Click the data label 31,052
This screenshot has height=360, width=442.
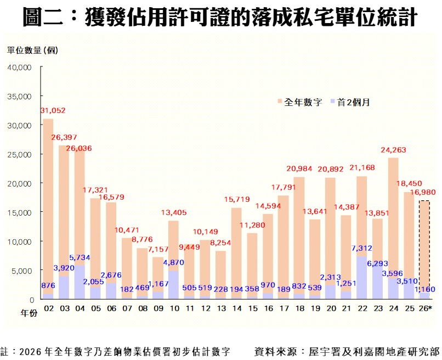53,111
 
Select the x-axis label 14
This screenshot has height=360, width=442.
236,310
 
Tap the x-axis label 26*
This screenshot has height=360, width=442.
426,310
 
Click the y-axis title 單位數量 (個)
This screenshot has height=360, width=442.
32,50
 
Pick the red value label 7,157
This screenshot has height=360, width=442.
157,249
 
